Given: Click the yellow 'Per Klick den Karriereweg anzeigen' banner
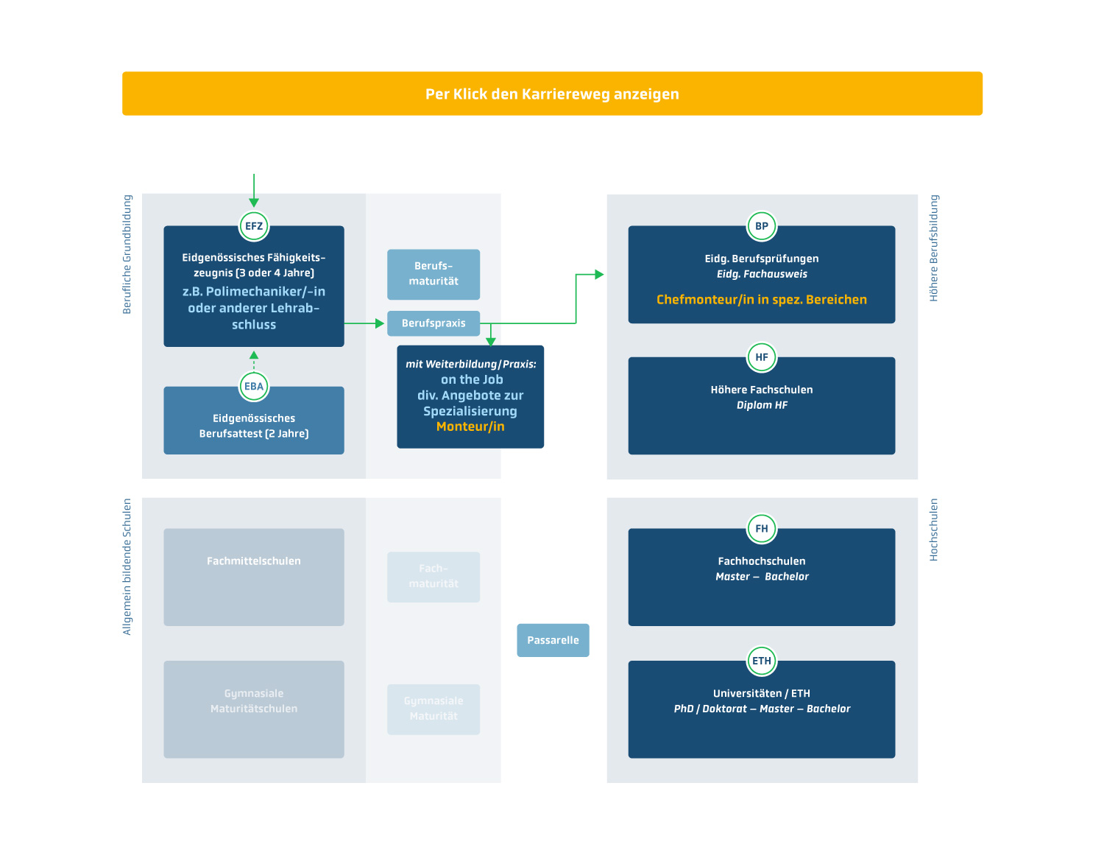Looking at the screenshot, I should click(552, 94).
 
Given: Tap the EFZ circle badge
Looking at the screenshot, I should click(254, 226).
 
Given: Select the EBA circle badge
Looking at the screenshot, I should click(254, 386).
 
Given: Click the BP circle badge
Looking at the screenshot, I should click(762, 226).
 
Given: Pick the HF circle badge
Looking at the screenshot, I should click(762, 357).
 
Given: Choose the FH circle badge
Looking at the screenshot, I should click(762, 528).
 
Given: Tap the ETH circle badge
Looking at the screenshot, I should click(762, 661).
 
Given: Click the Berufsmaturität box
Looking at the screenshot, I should click(434, 274).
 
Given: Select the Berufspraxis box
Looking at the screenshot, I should click(434, 323).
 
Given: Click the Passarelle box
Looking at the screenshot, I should click(553, 640).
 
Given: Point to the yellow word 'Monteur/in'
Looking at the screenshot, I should click(470, 426).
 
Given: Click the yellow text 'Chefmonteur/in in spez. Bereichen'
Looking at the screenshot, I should click(762, 300).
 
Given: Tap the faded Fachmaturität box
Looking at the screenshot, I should click(434, 577).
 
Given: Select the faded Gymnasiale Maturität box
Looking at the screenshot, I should click(434, 709).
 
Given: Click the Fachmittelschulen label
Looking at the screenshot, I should click(254, 561).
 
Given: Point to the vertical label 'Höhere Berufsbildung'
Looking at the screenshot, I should click(934, 248).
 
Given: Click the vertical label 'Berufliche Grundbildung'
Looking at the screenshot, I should click(127, 255).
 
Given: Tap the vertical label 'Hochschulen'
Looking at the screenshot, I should click(934, 530).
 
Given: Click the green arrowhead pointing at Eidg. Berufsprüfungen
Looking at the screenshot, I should click(599, 275).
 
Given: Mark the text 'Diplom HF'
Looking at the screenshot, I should click(762, 405).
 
